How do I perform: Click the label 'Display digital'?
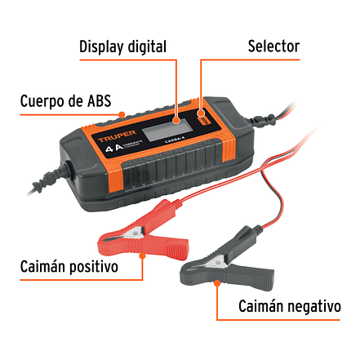coord(122,45)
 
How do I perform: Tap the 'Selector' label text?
coord(273,45)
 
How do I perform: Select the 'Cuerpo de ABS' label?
coord(71,102)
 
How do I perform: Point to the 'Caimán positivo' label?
coord(70,267)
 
